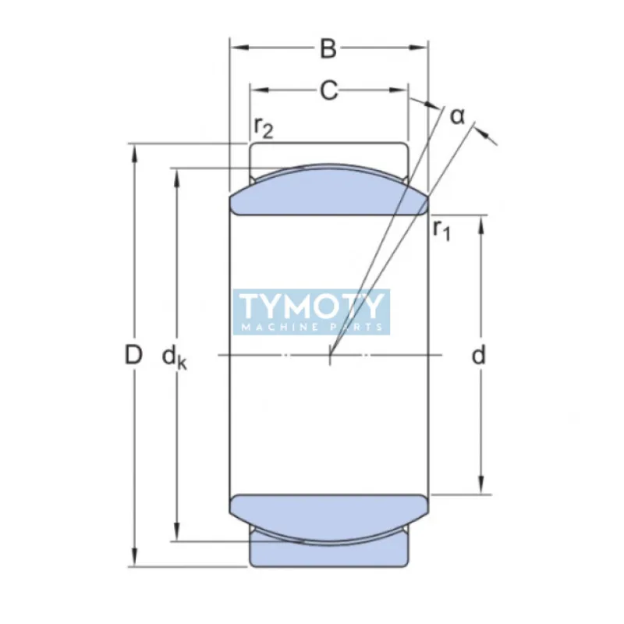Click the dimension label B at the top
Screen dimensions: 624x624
(x=328, y=48)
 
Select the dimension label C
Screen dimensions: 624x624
(x=329, y=90)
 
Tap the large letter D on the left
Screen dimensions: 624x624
(x=134, y=356)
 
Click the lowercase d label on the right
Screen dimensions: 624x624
(x=479, y=356)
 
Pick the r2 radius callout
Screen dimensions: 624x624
(x=264, y=127)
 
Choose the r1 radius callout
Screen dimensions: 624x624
(x=441, y=229)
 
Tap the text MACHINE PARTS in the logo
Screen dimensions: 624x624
(x=311, y=327)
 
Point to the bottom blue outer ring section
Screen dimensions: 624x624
(x=328, y=552)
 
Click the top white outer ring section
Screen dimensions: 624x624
(x=328, y=154)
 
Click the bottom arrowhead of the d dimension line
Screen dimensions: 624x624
(x=480, y=487)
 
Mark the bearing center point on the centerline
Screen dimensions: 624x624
(x=330, y=356)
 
